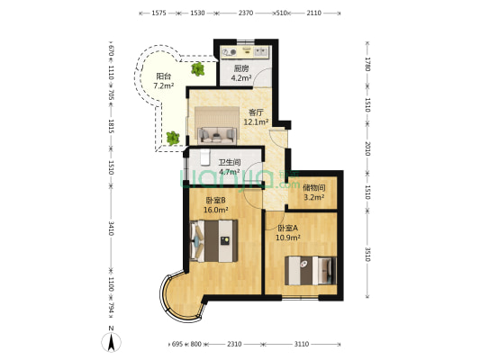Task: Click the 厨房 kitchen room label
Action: (x=241, y=68)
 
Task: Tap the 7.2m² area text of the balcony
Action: (x=164, y=85)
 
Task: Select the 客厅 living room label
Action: (x=256, y=112)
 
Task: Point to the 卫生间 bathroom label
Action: (x=230, y=162)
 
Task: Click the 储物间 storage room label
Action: (x=313, y=187)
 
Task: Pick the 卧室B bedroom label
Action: (x=215, y=201)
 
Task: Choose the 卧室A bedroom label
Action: (x=287, y=229)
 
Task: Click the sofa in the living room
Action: (x=217, y=136)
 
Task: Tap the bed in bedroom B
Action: (x=213, y=240)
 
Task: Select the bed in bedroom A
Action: (x=311, y=271)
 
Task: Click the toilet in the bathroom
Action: (x=204, y=157)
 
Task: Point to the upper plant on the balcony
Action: (x=198, y=68)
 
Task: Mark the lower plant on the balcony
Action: (x=173, y=139)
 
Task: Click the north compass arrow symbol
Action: (x=111, y=342)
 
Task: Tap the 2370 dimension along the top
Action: (x=246, y=13)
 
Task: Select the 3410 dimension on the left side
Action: (x=111, y=229)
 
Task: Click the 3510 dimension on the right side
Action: (x=367, y=255)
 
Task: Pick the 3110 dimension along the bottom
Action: (x=302, y=344)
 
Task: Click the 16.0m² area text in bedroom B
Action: (x=216, y=210)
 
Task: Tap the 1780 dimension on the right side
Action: (x=367, y=64)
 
